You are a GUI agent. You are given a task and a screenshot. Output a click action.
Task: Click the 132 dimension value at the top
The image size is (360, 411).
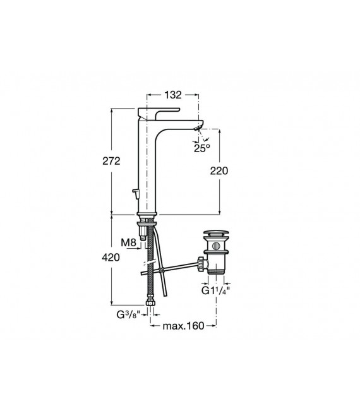coord(173,95)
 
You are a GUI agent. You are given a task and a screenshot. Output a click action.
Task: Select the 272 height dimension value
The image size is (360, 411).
coord(111,161)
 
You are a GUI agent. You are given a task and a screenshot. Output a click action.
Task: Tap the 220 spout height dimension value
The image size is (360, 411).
coord(219,171)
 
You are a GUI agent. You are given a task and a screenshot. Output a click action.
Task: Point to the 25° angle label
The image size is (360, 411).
coord(202,148)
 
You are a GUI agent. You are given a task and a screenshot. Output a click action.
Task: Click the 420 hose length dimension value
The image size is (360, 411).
coord(111,258)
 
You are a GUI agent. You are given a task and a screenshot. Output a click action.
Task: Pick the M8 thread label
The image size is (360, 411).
coord(129,242)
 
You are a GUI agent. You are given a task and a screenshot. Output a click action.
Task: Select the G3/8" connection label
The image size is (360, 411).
coord(128,314)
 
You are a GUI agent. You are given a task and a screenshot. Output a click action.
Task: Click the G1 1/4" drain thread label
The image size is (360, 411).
coord(216,290)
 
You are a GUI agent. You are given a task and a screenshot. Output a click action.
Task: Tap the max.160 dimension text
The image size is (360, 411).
coord(183,326)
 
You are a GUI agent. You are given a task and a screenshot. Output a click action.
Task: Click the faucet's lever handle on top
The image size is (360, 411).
coord(158,113)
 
